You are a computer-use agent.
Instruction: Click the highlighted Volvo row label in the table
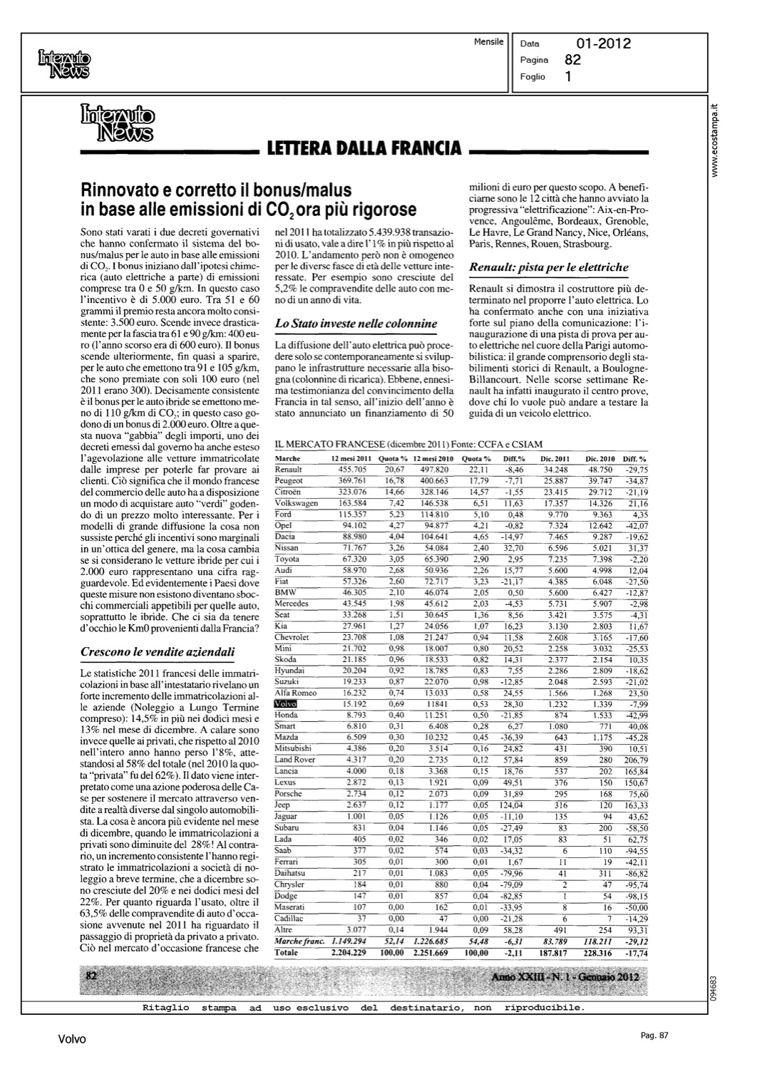[285, 703]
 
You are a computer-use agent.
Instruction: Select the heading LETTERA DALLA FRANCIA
[364, 149]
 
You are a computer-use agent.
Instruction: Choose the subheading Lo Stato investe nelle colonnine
[356, 323]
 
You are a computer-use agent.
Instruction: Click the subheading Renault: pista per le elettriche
[549, 267]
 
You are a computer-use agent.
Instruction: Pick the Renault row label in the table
[289, 470]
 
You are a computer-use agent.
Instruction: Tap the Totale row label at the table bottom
[287, 952]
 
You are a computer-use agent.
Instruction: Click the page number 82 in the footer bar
[91, 976]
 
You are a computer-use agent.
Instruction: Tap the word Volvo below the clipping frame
[72, 1039]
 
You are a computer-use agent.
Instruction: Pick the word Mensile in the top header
[489, 42]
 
